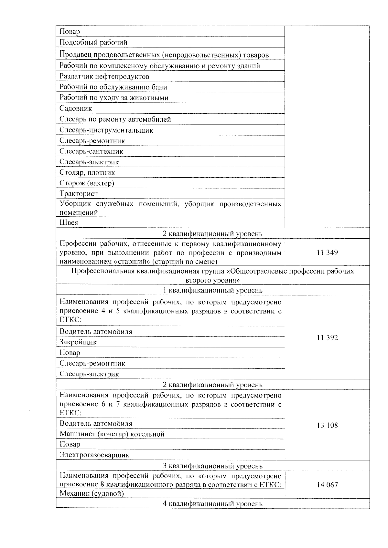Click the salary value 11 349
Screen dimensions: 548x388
327,253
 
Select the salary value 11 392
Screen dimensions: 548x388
327,338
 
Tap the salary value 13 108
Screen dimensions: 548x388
327,425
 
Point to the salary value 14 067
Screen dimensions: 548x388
327,485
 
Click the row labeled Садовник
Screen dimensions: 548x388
76,109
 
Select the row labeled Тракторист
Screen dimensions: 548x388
79,194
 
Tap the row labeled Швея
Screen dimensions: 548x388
69,222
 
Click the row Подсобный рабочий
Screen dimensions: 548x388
93,42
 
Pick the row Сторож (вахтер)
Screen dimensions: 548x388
87,183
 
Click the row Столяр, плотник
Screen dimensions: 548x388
87,172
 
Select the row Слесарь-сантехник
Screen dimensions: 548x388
91,151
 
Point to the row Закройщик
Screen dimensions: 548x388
78,342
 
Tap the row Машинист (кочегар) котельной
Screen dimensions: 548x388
112,434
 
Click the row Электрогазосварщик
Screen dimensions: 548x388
94,455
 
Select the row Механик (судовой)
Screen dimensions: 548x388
92,493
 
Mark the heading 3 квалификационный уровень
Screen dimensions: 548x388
212,466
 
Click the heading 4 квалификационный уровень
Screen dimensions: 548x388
212,503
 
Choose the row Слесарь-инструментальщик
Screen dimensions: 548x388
106,130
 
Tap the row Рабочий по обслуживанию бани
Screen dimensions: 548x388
113,87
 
